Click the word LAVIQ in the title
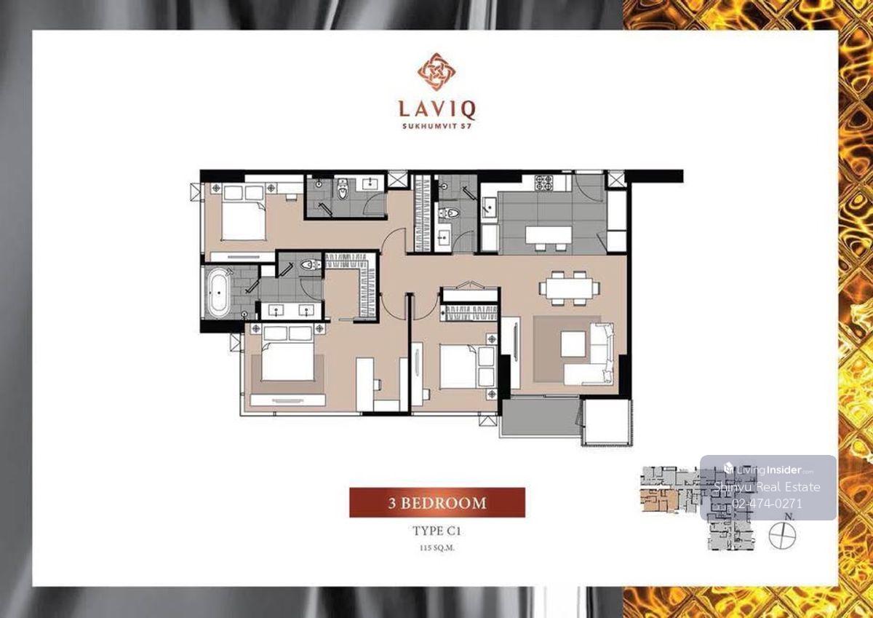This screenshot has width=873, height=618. click(437, 110)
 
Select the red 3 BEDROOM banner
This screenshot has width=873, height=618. click(437, 502)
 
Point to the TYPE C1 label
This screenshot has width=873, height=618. click(436, 531)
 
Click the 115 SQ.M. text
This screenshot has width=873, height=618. click(436, 548)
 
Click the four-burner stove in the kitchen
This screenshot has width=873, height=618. click(544, 183)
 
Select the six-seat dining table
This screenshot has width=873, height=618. click(570, 288)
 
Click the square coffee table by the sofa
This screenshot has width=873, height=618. click(573, 344)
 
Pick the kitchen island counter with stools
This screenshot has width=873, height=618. click(549, 237)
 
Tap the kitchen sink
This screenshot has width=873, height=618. click(489, 206)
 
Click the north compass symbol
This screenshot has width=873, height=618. click(782, 535)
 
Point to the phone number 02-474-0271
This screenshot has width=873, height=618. click(767, 504)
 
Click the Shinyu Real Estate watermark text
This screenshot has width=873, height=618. click(767, 487)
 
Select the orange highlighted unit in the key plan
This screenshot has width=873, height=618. click(659, 500)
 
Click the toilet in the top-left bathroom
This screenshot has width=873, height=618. click(342, 189)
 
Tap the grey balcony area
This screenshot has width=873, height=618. click(540, 416)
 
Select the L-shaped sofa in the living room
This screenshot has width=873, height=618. click(591, 354)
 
